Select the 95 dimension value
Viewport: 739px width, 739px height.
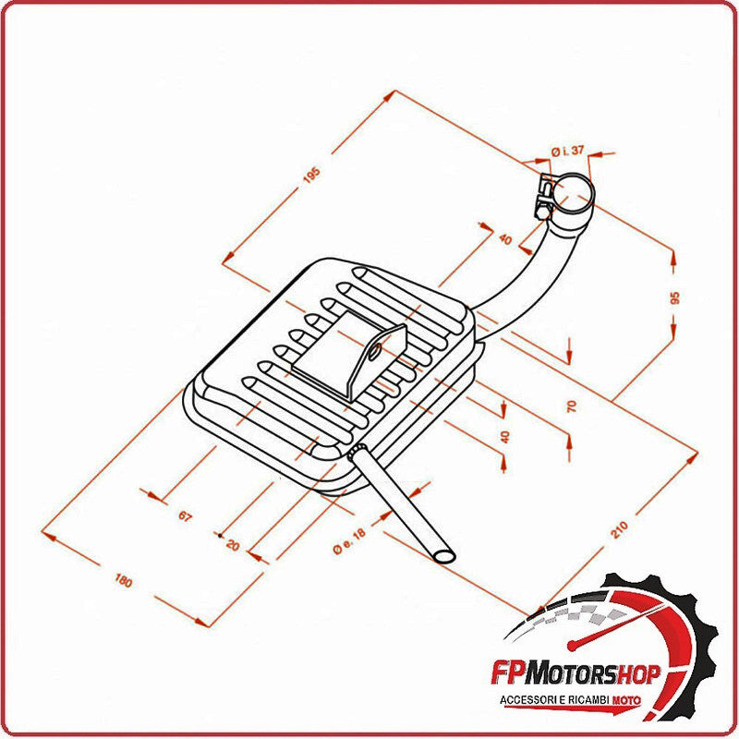pos(674,297)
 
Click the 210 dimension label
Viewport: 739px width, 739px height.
pos(618,530)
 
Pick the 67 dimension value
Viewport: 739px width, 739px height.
pos(186,516)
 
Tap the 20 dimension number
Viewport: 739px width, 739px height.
pos(232,545)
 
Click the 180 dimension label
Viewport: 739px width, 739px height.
pos(123,580)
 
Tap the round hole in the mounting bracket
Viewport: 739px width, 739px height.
pos(374,351)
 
